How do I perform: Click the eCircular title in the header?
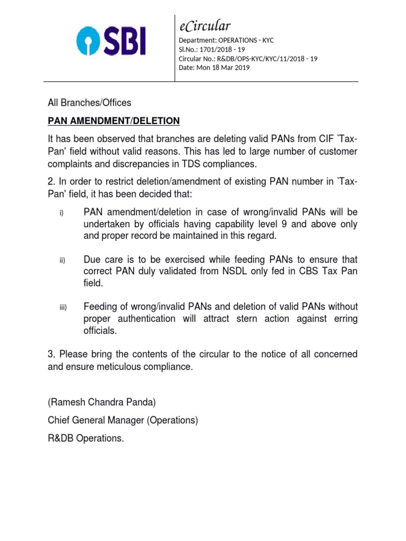click(205, 26)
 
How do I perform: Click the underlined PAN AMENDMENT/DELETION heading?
click(114, 121)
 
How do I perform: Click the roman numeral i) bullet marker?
click(61, 213)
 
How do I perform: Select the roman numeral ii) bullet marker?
click(61, 260)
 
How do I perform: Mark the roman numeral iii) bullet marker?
click(62, 308)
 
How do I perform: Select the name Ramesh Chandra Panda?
click(102, 403)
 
